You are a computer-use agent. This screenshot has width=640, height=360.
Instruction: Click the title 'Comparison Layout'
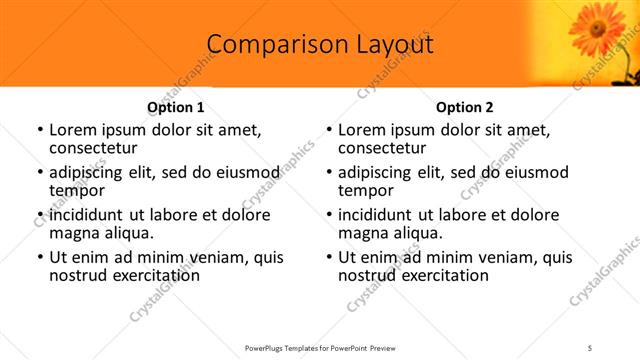pos(320,45)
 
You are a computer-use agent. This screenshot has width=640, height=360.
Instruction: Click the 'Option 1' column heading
pos(175,107)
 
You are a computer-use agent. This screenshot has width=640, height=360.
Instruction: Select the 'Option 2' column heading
pos(465,107)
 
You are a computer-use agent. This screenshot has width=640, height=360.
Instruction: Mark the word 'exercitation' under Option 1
pos(156,275)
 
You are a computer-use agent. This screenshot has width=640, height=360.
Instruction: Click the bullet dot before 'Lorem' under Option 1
pos(39,130)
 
